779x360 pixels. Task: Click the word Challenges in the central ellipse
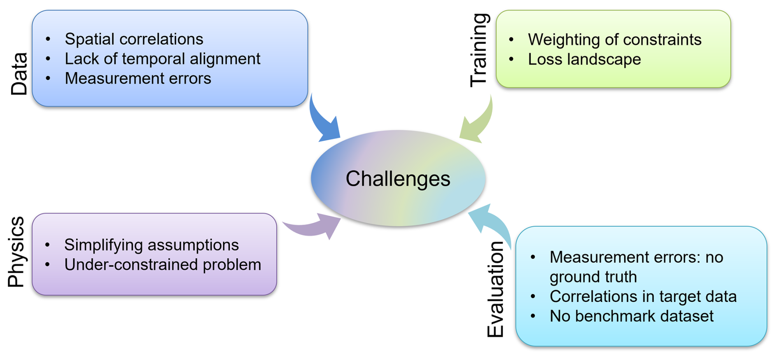pos(398,179)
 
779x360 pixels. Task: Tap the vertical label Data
pos(19,74)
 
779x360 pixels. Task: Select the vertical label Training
pos(479,50)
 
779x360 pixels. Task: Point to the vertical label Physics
pos(16,252)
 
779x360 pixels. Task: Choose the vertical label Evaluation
pos(495,290)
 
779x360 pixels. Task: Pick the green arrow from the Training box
pos(478,122)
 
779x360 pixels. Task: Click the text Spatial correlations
pos(134,39)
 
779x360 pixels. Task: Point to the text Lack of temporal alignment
pos(162,59)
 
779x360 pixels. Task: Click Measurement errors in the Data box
pos(138,79)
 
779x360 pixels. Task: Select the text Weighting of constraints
pos(614,40)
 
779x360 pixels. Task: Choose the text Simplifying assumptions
pos(151,245)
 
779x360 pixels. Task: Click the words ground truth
pos(593,277)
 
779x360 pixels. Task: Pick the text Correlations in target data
pos(643,297)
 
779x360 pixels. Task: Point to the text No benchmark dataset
pos(631,316)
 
